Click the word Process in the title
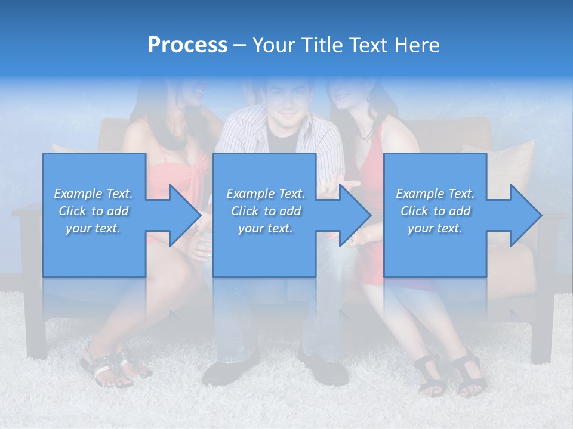pos(187,45)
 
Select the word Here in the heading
pos(417,45)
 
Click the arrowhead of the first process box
pos(185,215)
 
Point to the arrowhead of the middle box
pos(356,215)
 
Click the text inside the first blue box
pos(93,211)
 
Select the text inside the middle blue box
pos(265,211)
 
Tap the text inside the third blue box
pos(435,211)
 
